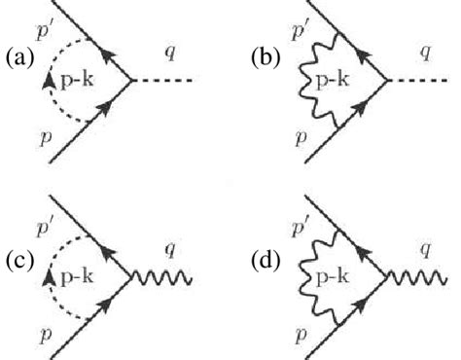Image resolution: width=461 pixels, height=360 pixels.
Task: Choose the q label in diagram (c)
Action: coord(166,251)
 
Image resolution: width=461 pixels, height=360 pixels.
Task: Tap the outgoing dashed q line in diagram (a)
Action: coord(164,81)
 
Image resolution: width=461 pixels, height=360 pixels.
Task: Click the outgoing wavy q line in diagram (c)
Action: coord(164,280)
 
